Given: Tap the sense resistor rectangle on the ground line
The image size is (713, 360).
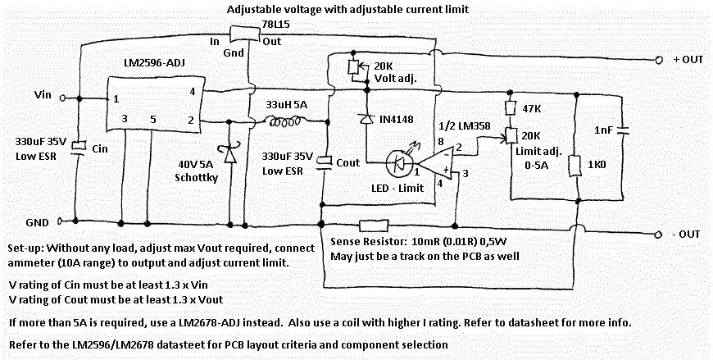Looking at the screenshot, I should click(375, 221).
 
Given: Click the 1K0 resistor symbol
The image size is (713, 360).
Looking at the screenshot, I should click(579, 165).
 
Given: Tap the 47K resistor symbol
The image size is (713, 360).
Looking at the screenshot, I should click(509, 108).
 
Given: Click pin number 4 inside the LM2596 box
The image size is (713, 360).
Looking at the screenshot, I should click(191, 90).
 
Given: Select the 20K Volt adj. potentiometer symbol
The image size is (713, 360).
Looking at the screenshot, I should click(354, 67).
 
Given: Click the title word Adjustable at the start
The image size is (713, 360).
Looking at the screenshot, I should click(252, 8).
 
